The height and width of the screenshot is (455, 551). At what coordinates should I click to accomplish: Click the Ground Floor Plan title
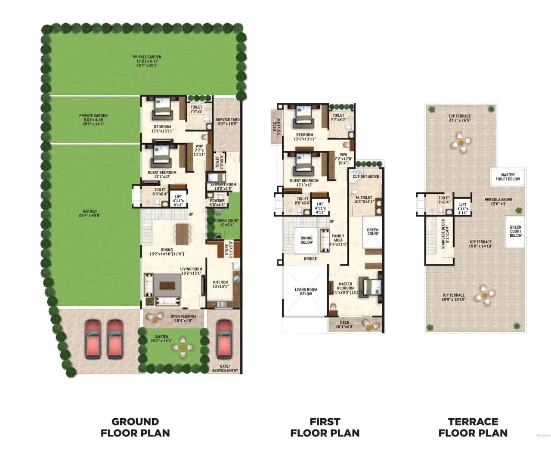pyautogui.click(x=135, y=427)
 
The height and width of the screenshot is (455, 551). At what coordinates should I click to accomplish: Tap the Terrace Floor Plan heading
pyautogui.click(x=473, y=427)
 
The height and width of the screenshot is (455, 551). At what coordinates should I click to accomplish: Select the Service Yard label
pyautogui.click(x=228, y=121)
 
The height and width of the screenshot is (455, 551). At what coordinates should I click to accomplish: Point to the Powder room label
pyautogui.click(x=217, y=202)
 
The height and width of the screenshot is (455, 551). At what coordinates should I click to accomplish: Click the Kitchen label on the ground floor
pyautogui.click(x=220, y=284)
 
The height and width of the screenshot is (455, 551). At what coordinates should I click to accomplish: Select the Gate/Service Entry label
pyautogui.click(x=225, y=368)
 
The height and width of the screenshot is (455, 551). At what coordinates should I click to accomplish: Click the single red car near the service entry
pyautogui.click(x=224, y=339)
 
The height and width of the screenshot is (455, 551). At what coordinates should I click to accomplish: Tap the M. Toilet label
pyautogui.click(x=363, y=199)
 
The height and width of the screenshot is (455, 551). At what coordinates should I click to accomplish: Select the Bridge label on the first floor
pyautogui.click(x=310, y=259)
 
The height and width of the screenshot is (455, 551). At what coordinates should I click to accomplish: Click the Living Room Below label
pyautogui.click(x=306, y=291)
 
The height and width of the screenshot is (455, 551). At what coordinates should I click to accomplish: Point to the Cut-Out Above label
pyautogui.click(x=366, y=176)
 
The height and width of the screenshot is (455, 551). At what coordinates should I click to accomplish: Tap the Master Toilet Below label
pyautogui.click(x=508, y=177)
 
